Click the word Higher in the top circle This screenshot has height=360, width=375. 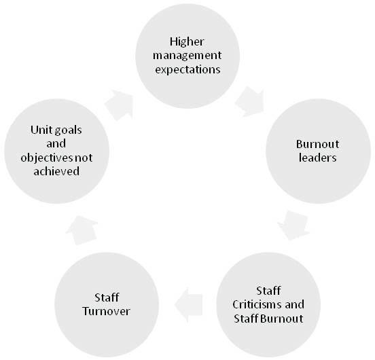click(187, 42)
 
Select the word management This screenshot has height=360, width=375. click(187, 56)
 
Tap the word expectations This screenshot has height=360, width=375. click(187, 70)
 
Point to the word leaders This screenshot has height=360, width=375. click(318, 158)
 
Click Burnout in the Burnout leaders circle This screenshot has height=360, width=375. click(318, 144)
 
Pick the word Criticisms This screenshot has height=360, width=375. click(257, 304)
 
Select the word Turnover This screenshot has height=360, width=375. click(106, 311)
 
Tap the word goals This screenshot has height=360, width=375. click(69, 131)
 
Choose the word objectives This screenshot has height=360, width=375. click(47, 158)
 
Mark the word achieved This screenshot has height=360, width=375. click(56, 171)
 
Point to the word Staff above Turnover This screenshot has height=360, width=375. click(107, 298)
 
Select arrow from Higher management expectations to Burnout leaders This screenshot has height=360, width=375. click(250, 102)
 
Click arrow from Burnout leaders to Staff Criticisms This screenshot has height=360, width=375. click(293, 226)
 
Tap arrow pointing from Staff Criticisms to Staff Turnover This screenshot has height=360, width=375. click(188, 304)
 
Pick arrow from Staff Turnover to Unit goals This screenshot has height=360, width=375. click(82, 230)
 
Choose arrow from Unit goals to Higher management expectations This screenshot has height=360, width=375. click(119, 105)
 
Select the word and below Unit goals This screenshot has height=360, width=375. click(56, 144)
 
